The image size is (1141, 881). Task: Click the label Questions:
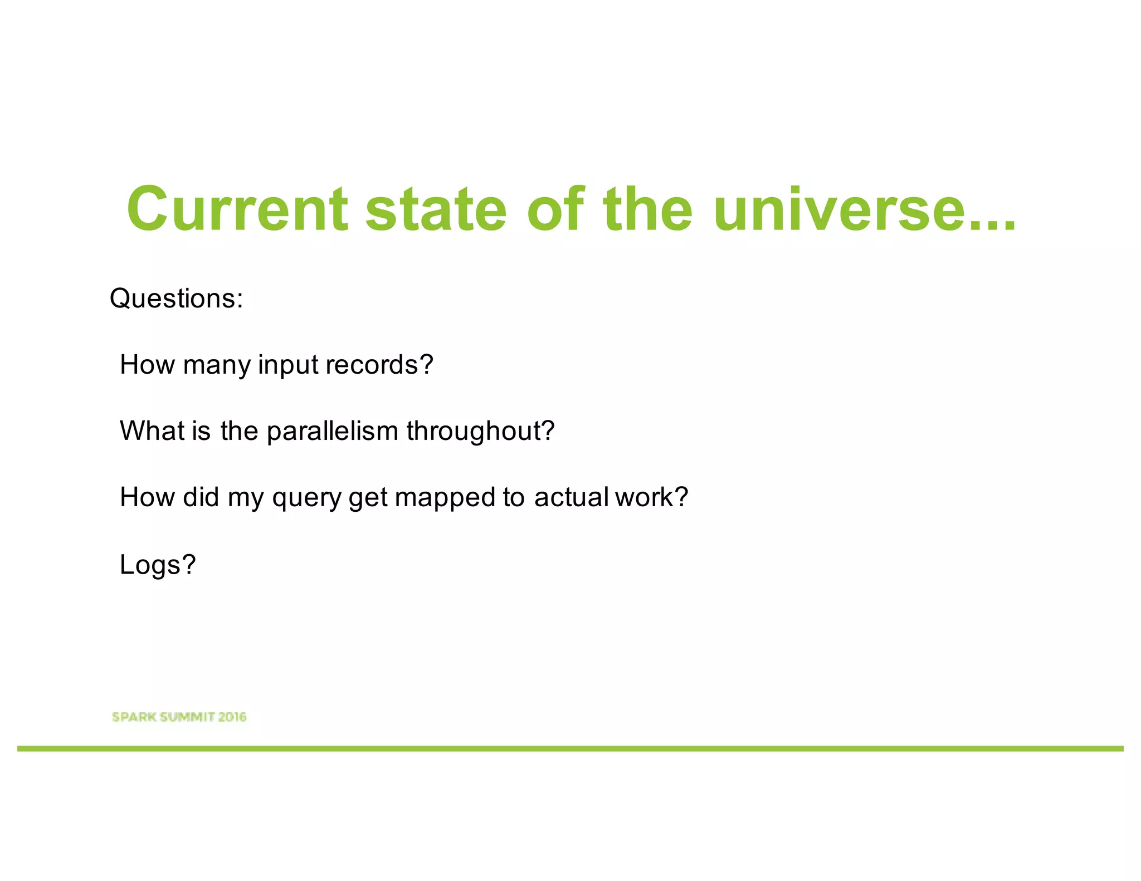click(177, 298)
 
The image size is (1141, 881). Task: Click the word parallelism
click(333, 432)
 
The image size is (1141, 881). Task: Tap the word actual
click(571, 497)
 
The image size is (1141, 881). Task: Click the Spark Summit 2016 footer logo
click(179, 717)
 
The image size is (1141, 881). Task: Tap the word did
click(201, 497)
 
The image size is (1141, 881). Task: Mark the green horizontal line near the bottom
click(570, 748)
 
